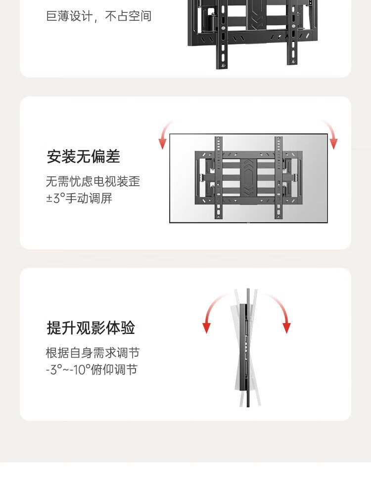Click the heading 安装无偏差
(x=84, y=156)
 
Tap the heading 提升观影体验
(x=91, y=328)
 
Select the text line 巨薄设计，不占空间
(x=99, y=16)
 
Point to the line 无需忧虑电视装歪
(x=93, y=181)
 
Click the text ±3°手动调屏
(x=79, y=198)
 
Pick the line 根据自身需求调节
(x=93, y=353)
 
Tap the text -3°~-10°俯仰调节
(x=92, y=370)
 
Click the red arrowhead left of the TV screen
(x=162, y=143)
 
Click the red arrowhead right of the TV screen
(x=333, y=143)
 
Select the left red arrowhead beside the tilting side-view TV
(x=207, y=328)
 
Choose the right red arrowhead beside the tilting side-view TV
(x=286, y=328)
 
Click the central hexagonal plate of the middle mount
(x=249, y=178)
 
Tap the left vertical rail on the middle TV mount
(x=218, y=177)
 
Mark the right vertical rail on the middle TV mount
(x=278, y=177)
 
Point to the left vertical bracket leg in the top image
(x=222, y=35)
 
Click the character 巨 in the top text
(x=51, y=16)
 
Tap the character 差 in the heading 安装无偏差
(x=113, y=156)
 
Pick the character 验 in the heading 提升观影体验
(x=128, y=328)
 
